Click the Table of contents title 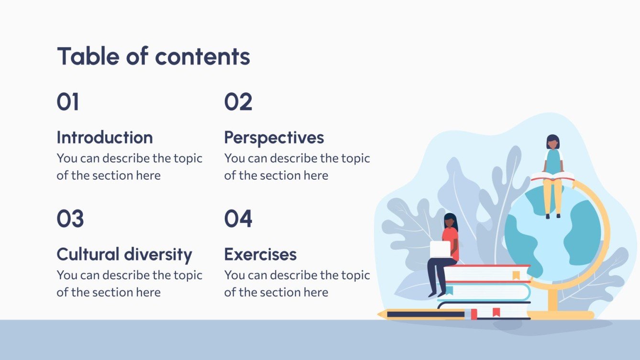pos(154,56)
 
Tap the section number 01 pos(68,102)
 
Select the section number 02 pos(238,102)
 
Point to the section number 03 pos(70,219)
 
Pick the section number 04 pos(238,219)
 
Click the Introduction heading pos(105,138)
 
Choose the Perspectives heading pos(274,138)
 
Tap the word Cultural pos(88,254)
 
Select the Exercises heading pos(260,254)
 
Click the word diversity pos(158,254)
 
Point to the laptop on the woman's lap pos(440,249)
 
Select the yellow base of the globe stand pos(561,315)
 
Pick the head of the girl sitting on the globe pos(552,142)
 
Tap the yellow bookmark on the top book pos(516,275)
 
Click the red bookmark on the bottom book pos(496,312)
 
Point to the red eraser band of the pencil pos(474,314)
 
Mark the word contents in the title pos(202,56)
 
